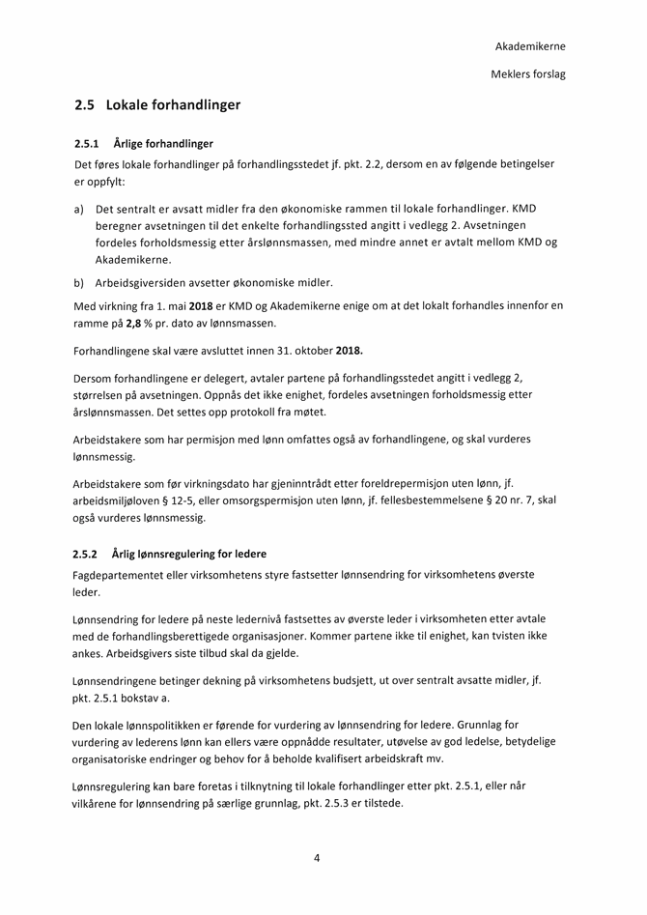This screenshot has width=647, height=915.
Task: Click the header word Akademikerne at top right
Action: (x=529, y=45)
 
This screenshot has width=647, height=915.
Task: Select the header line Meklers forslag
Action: (x=528, y=73)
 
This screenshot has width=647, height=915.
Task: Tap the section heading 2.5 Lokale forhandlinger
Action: (x=157, y=104)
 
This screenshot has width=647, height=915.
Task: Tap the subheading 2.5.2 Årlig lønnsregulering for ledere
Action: (x=170, y=554)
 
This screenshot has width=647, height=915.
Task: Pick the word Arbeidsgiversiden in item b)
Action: (x=144, y=283)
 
